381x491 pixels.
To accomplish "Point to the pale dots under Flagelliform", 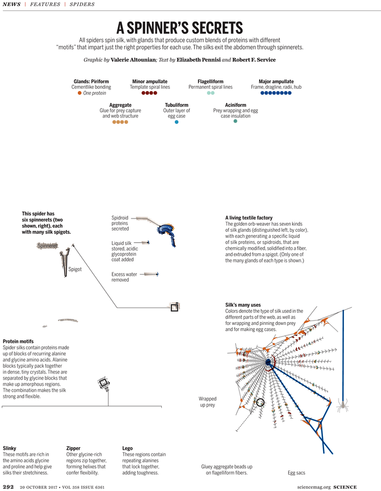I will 210,93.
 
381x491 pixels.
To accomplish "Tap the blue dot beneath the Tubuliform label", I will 177,121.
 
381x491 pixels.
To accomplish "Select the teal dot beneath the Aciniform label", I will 236,121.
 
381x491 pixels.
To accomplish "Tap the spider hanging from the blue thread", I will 343,406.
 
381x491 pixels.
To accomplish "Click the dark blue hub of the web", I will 269,362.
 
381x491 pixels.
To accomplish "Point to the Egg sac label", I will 297,472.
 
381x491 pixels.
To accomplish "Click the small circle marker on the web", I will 261,404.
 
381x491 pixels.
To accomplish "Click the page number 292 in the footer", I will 8,487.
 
